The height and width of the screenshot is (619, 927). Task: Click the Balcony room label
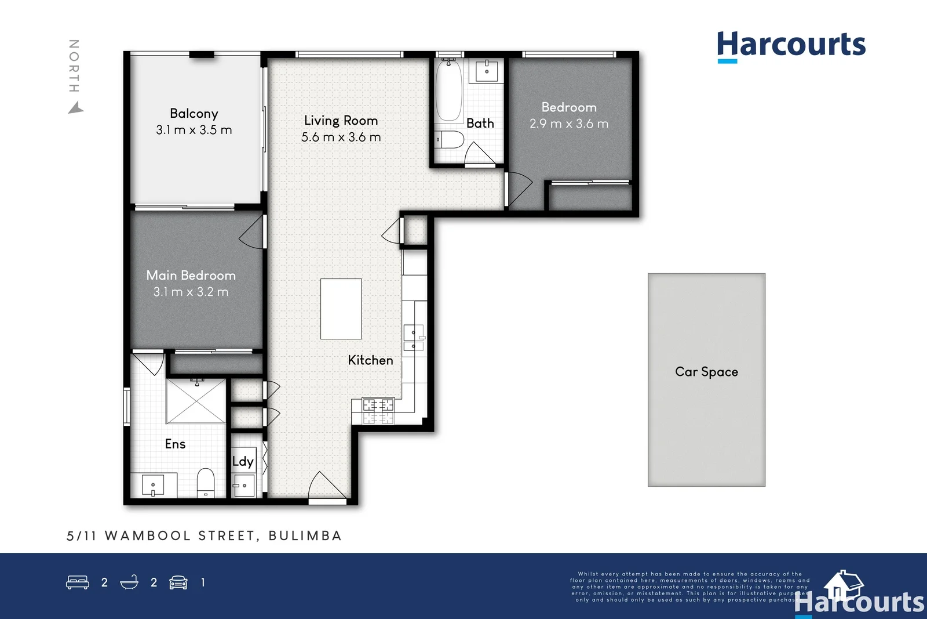pyautogui.click(x=194, y=114)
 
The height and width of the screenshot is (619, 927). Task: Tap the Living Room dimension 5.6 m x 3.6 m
pyautogui.click(x=341, y=137)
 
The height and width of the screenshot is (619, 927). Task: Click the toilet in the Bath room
pyautogui.click(x=451, y=140)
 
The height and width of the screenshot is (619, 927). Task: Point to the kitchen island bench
pyautogui.click(x=341, y=309)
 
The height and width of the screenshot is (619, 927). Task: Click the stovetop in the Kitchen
pyautogui.click(x=378, y=411)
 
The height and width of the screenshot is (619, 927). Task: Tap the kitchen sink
pyautogui.click(x=414, y=339)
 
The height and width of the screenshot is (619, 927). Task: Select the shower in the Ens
pyautogui.click(x=196, y=401)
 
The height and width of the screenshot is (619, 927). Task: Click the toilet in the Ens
pyautogui.click(x=206, y=483)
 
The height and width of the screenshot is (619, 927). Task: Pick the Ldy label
pyautogui.click(x=243, y=462)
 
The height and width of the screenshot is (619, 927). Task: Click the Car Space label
pyautogui.click(x=706, y=372)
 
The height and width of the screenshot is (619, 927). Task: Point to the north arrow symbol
pyautogui.click(x=76, y=108)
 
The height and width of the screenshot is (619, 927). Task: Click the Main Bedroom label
pyautogui.click(x=191, y=276)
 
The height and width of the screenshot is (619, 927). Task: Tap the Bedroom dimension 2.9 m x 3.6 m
pyautogui.click(x=568, y=124)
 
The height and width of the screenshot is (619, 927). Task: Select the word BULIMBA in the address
pyautogui.click(x=305, y=535)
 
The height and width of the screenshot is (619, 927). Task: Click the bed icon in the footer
pyautogui.click(x=78, y=582)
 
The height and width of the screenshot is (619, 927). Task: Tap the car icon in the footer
pyautogui.click(x=178, y=582)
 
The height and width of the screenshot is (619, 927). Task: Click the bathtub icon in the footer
pyautogui.click(x=129, y=582)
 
